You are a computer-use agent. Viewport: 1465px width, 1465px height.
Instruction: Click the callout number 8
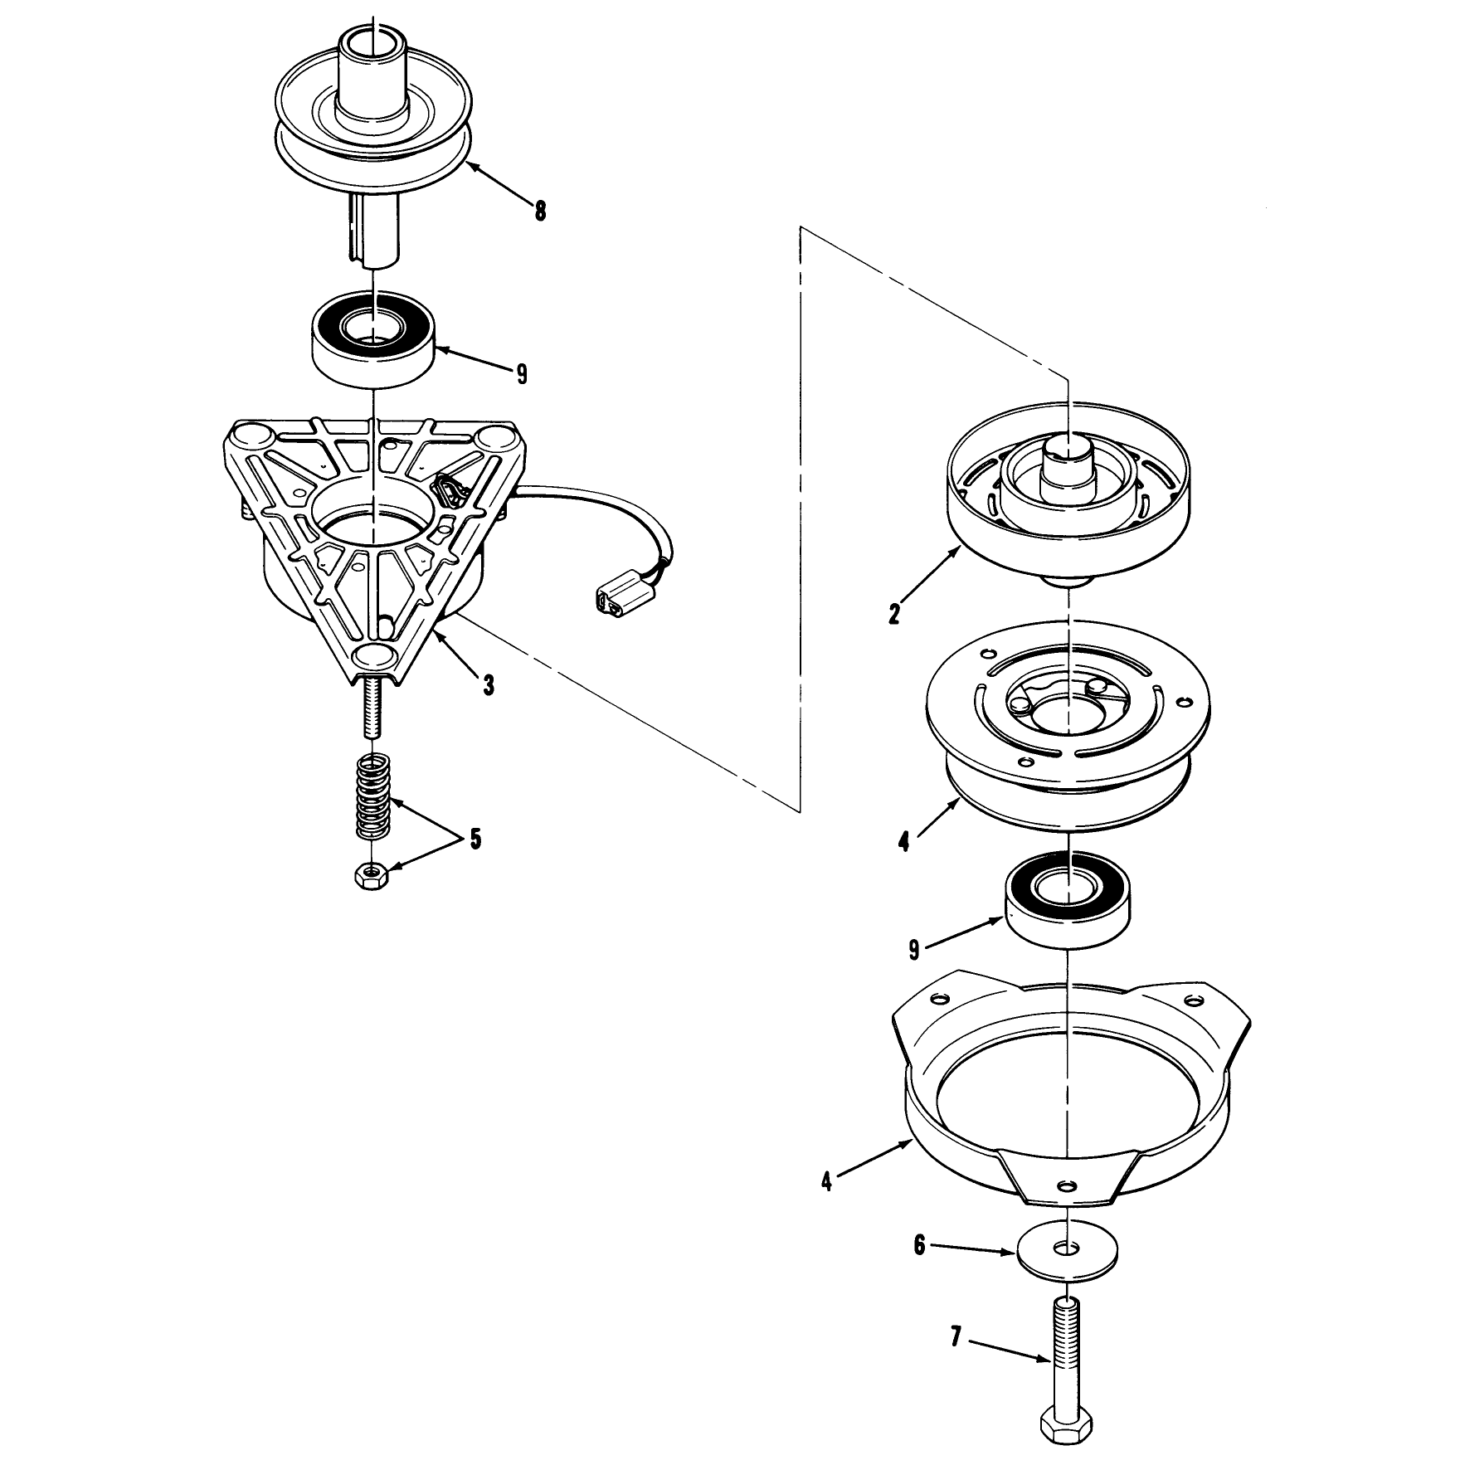pos(540,212)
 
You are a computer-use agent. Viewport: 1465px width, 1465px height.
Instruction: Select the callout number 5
pos(475,839)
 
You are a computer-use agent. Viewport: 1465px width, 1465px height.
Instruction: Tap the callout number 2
pos(893,616)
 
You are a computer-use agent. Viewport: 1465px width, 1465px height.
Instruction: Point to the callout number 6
pos(919,1269)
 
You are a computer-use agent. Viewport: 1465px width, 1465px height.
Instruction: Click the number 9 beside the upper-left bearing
pos(522,374)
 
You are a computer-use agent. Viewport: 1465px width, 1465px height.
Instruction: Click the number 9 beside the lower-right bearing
pos(914,949)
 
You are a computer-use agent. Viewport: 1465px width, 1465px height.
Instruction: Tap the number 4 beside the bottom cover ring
pos(826,1180)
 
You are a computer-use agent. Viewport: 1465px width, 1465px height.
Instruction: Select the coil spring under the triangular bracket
pos(375,796)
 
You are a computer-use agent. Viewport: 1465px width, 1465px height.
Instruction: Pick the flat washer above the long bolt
pos(1067,1272)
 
